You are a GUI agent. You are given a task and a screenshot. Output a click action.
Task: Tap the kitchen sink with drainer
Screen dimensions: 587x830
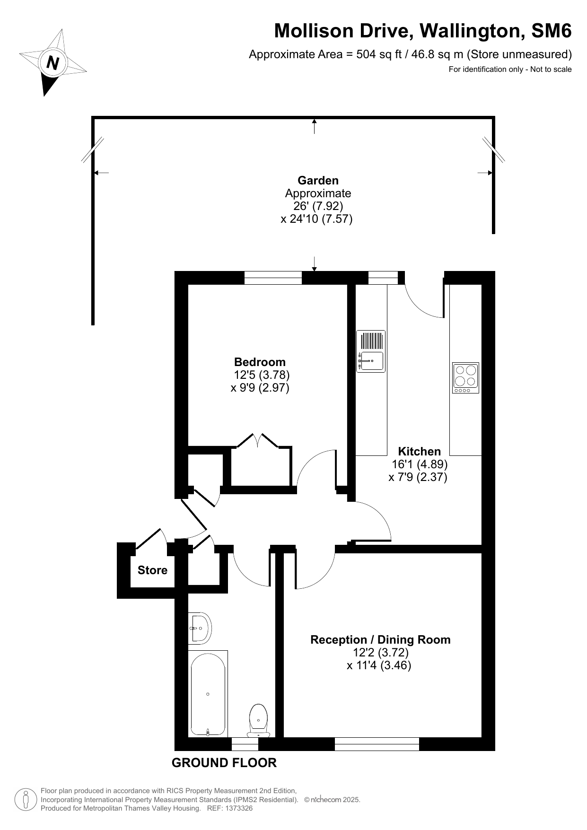[x=371, y=351]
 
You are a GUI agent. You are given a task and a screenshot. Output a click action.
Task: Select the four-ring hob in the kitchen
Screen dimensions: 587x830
[x=465, y=377]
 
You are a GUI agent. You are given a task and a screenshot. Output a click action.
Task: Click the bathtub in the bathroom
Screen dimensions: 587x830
[x=208, y=694]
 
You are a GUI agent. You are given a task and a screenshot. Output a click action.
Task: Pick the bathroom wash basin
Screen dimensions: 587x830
[x=200, y=628]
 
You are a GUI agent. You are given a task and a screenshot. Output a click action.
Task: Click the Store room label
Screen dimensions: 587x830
[x=152, y=570]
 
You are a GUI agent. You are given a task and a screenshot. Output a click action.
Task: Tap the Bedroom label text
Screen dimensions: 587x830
[x=260, y=362]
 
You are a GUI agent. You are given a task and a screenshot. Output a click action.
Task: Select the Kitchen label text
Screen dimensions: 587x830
[x=419, y=452]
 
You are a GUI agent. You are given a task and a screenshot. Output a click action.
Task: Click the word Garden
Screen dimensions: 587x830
[x=318, y=181]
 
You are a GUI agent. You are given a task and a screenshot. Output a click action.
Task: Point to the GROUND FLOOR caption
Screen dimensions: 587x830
[x=224, y=763]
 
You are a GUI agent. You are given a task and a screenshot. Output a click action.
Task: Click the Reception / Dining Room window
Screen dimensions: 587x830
[x=377, y=744]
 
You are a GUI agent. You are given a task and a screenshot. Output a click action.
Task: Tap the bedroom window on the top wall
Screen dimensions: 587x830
[x=273, y=278]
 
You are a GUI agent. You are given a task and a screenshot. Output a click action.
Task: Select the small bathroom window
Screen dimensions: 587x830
[x=245, y=744]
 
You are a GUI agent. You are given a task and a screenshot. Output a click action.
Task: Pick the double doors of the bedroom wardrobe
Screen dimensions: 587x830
[x=258, y=440]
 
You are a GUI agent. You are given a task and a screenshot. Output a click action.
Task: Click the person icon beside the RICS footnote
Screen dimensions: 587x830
[x=26, y=800]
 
